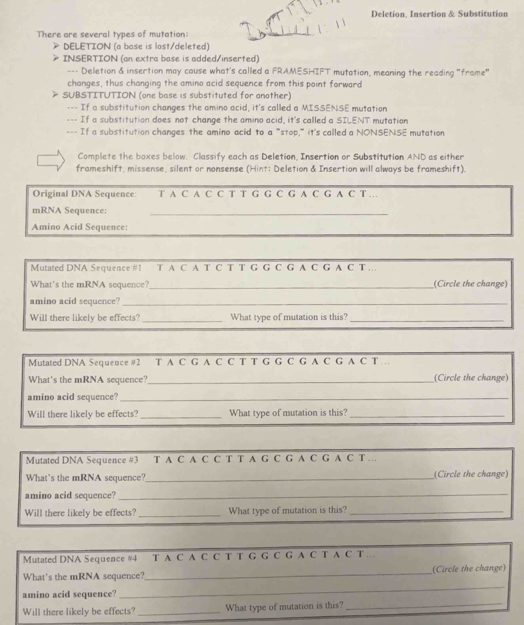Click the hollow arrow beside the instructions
click(x=51, y=161)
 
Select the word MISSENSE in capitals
click(x=325, y=108)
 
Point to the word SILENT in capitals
click(x=353, y=120)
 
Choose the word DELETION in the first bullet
click(x=87, y=46)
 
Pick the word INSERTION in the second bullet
click(x=90, y=58)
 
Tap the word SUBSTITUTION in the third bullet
click(x=99, y=95)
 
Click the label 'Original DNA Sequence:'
click(x=84, y=194)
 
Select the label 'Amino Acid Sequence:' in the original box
click(x=80, y=227)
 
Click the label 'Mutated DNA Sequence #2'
click(x=84, y=362)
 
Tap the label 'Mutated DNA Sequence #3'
click(x=82, y=460)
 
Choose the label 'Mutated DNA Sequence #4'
click(x=80, y=559)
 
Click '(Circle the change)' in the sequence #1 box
click(x=470, y=284)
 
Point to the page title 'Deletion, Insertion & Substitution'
click(x=439, y=14)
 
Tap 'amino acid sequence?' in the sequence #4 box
click(x=69, y=594)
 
